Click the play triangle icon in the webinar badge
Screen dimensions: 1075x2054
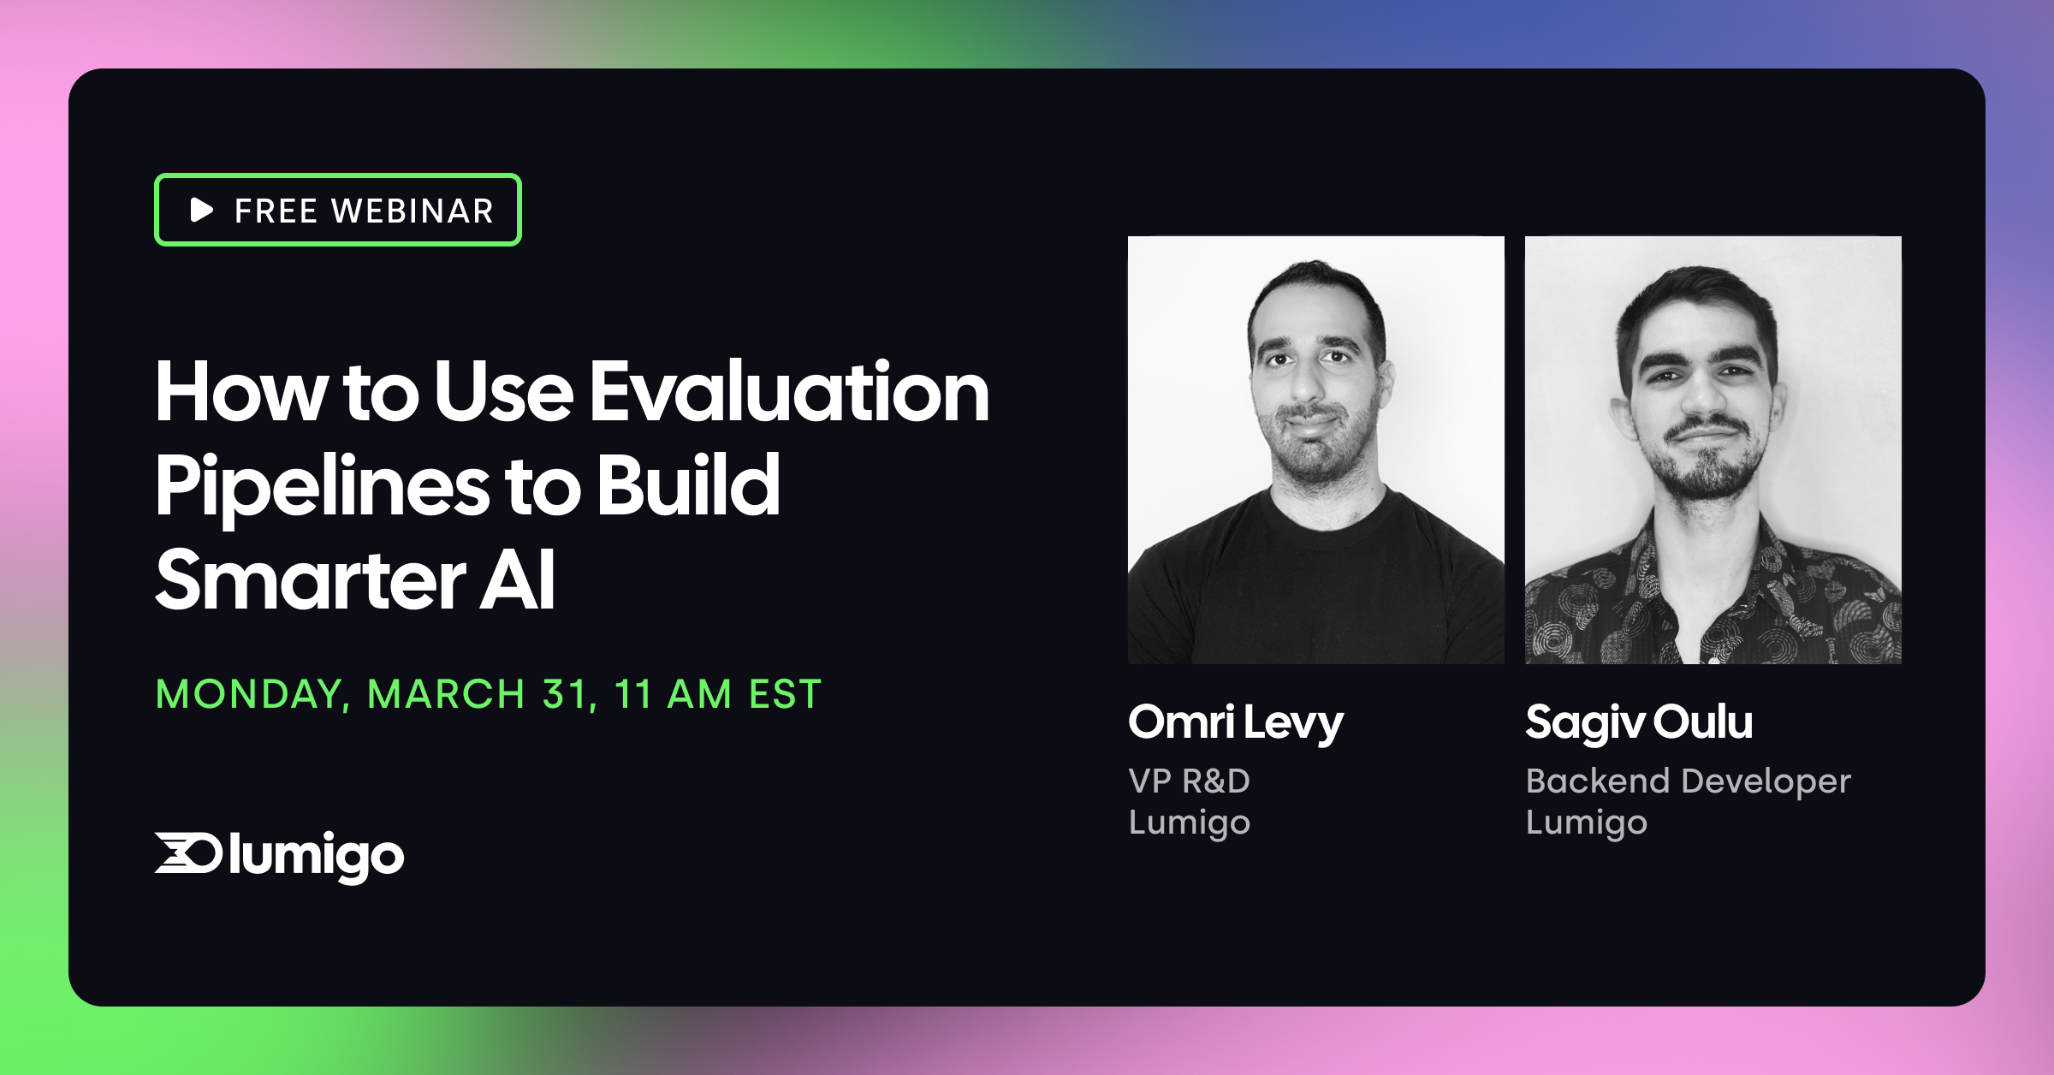pos(201,210)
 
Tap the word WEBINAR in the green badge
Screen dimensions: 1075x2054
pos(413,211)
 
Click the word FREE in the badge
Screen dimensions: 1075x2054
pos(276,211)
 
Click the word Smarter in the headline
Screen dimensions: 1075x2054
pos(311,581)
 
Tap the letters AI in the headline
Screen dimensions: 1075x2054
pos(517,581)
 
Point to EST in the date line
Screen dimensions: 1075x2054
pos(785,694)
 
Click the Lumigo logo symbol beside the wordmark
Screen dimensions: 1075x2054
pos(188,853)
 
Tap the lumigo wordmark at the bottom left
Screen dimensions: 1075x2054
pos(316,856)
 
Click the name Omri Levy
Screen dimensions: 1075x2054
pos(1235,723)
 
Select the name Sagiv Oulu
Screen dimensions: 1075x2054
pos(1638,723)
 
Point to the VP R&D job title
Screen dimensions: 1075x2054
pos(1189,781)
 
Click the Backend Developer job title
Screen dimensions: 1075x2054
pos(1688,781)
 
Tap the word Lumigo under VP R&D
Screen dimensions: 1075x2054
pos(1189,823)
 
